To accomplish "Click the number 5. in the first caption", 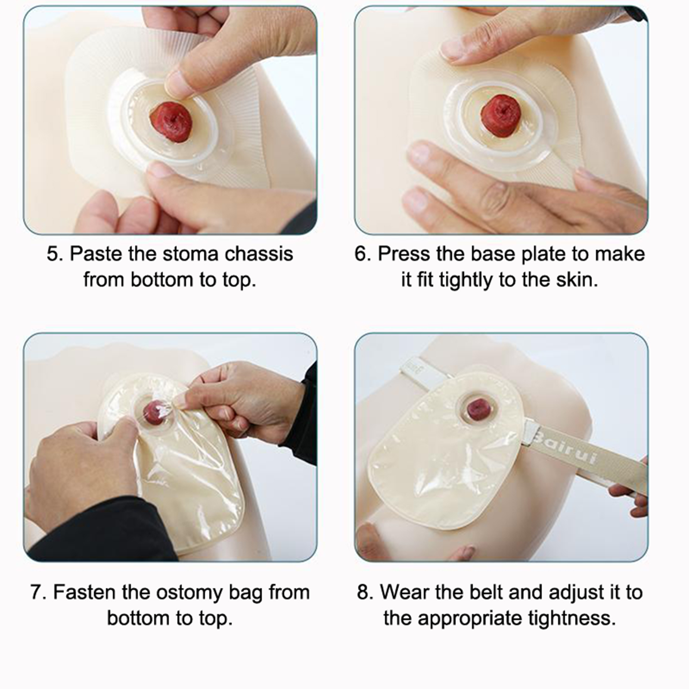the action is (55, 254).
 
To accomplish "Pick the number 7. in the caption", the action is (38, 593).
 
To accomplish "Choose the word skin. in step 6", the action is (577, 280).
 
